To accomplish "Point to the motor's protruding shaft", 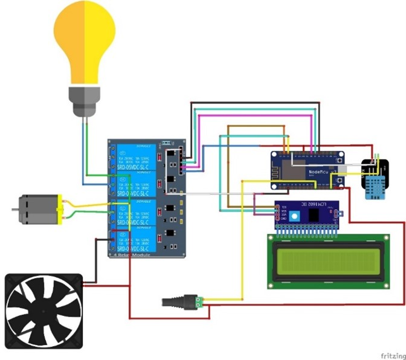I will tap(15, 209).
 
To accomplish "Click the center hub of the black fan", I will tap(43, 312).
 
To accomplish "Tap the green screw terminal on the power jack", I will tap(197, 300).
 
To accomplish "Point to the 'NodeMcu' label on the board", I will tap(320, 171).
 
